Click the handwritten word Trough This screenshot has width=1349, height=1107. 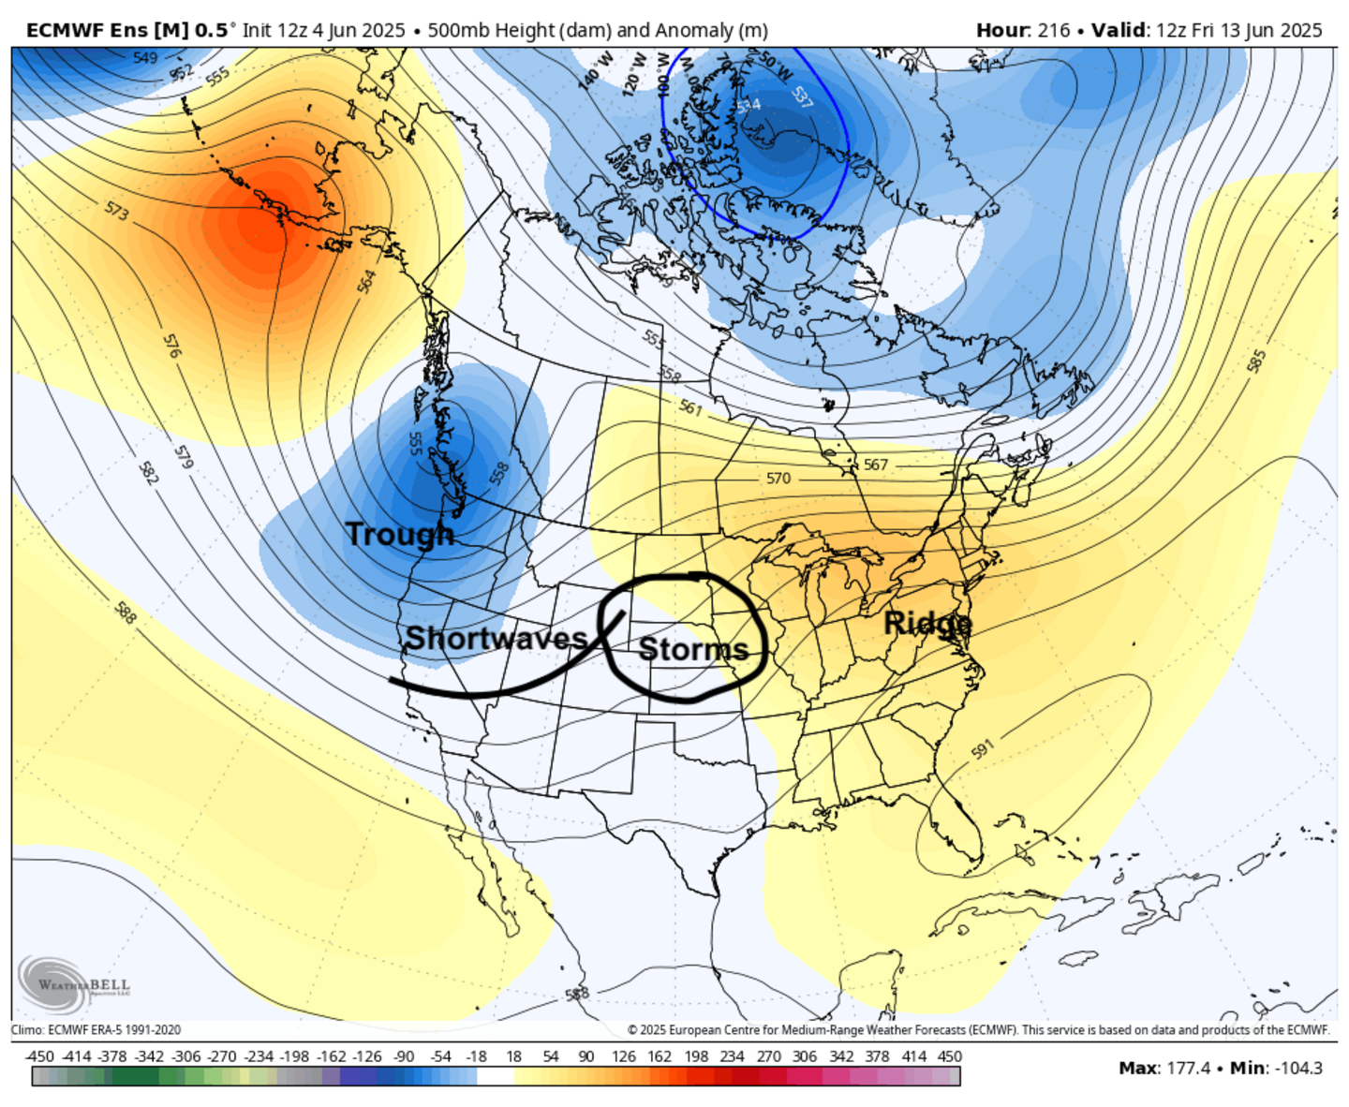coord(400,534)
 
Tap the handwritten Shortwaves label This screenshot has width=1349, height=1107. coord(496,639)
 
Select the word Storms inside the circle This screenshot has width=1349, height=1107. coord(693,649)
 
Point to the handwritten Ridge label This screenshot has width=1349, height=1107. coord(927,623)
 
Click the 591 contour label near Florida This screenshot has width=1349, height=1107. coord(981,749)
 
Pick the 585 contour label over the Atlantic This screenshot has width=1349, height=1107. coord(1256,361)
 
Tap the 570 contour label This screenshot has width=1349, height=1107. coord(778,478)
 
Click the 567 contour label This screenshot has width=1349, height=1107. coord(875,465)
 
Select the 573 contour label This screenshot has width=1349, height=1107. coord(116,212)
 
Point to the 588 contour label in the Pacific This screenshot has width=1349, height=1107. coord(126,613)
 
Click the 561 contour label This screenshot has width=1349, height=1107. coord(690,407)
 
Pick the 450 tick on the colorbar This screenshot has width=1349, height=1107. coord(949,1056)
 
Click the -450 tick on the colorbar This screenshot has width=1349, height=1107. coord(39,1056)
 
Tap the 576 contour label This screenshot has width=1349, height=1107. coord(172,346)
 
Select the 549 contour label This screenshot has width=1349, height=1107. coord(145,58)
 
